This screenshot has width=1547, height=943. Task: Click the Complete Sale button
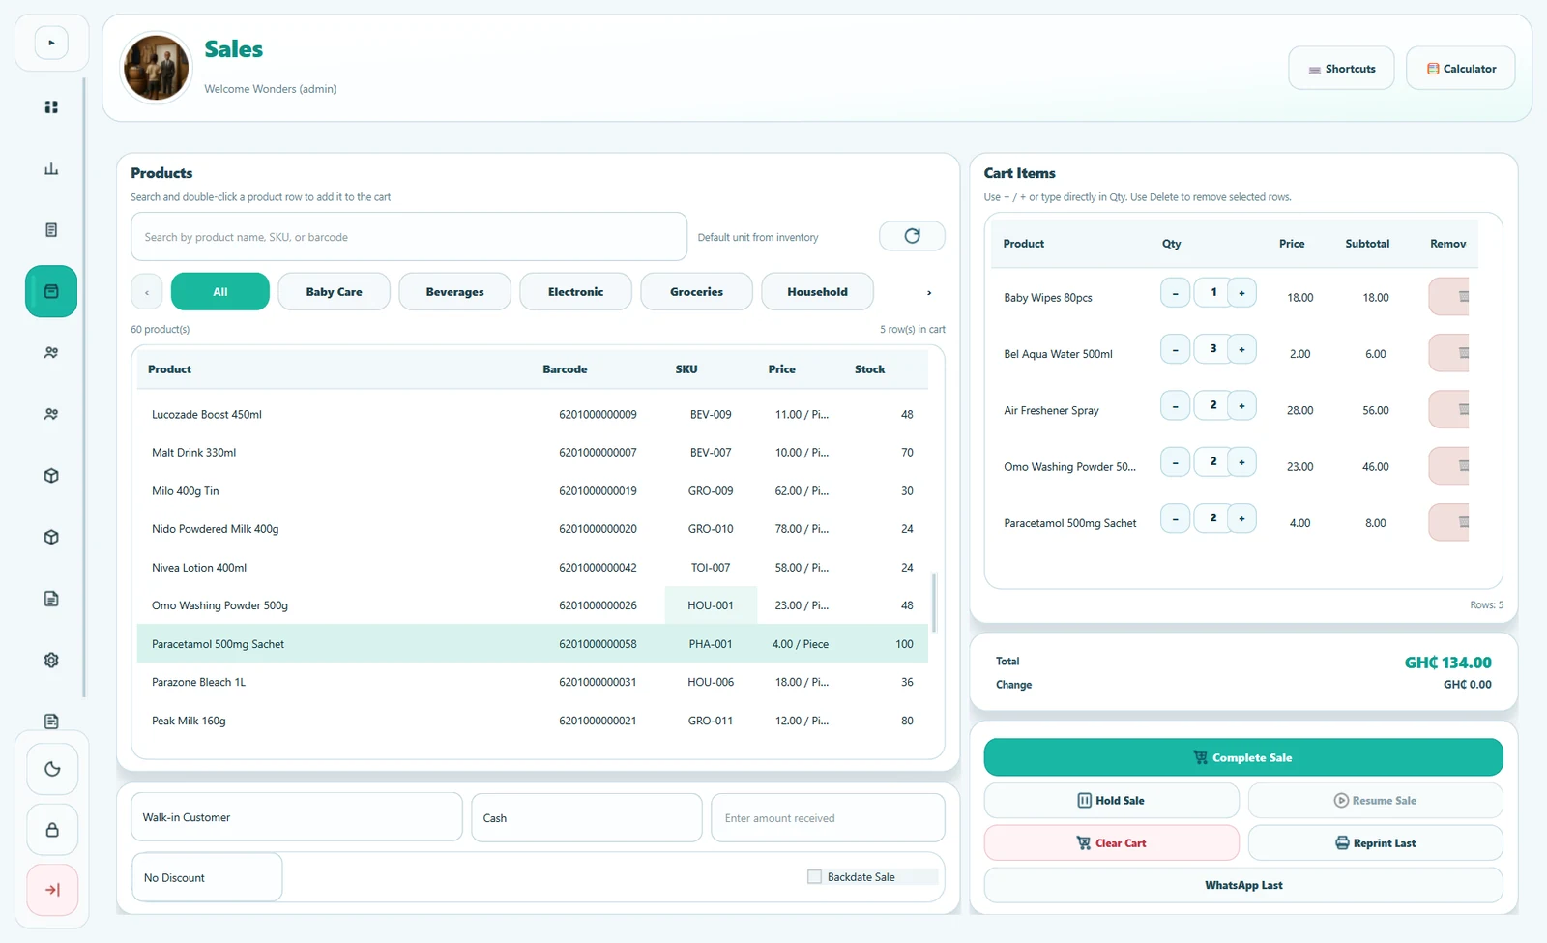coord(1243,757)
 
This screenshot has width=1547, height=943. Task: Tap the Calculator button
coord(1461,69)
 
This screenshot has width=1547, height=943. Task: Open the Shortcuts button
coord(1341,69)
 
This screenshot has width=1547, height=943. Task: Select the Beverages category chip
coord(455,291)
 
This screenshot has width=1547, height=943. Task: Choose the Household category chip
coord(817,291)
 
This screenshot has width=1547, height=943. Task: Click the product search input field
coord(409,237)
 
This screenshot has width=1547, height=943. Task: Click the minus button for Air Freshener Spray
coord(1175,405)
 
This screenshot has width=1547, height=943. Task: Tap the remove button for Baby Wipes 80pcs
coord(1449,296)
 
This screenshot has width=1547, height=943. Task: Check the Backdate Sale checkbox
coord(815,876)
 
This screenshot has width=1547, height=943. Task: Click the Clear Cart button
coord(1111,842)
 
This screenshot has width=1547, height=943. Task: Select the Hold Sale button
coord(1111,800)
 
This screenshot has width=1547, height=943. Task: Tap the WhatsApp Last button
coord(1243,885)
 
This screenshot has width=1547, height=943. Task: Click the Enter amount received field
coord(828,818)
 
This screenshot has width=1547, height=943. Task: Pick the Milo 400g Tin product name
coord(185,491)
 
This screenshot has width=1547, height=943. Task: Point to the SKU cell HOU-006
coord(711,682)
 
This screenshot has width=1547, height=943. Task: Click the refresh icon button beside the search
coord(912,236)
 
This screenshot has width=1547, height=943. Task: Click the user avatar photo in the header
coord(156,68)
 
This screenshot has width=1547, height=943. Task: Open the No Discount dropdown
coord(207,877)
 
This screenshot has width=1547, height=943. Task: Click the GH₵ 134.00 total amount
coord(1447,663)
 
